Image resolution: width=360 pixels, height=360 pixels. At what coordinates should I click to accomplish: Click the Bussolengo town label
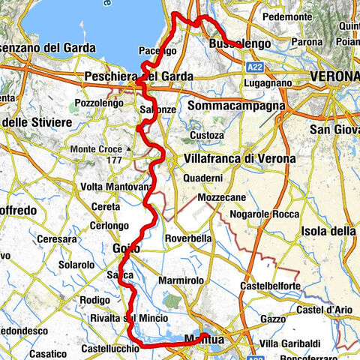pyautogui.click(x=241, y=44)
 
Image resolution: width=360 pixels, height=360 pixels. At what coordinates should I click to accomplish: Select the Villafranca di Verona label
pyautogui.click(x=239, y=159)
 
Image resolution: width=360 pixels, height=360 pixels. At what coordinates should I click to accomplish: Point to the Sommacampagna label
pyautogui.click(x=237, y=106)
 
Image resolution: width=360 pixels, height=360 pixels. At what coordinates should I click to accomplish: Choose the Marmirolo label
pyautogui.click(x=181, y=280)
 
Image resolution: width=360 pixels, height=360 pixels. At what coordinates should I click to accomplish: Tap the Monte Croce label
pyautogui.click(x=96, y=149)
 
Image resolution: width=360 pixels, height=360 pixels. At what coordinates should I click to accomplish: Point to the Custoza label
pyautogui.click(x=206, y=135)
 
